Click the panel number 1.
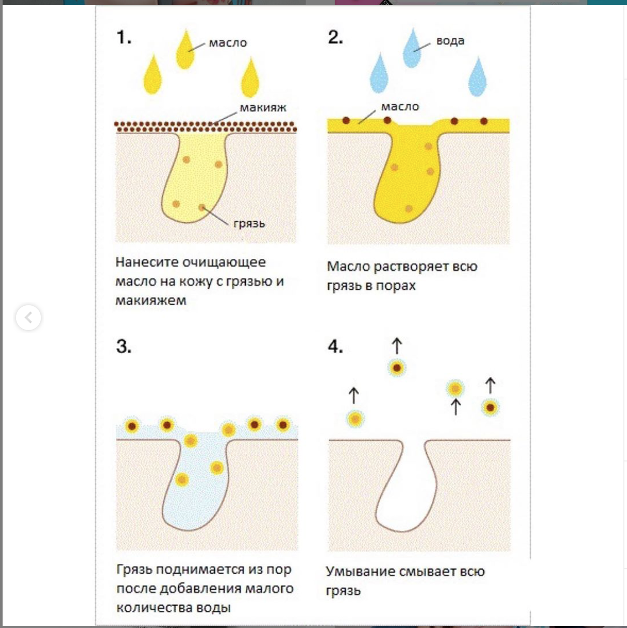[x=123, y=38]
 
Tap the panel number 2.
[x=335, y=37]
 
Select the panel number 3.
[x=123, y=346]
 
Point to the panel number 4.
[x=335, y=346]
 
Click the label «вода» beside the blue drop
[x=450, y=41]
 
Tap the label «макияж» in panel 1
[x=263, y=108]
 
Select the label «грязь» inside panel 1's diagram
[x=249, y=223]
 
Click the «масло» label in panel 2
[x=400, y=107]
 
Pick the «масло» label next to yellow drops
[x=227, y=43]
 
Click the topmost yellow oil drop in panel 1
[x=185, y=51]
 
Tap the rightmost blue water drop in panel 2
[x=477, y=78]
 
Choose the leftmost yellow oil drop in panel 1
[x=153, y=76]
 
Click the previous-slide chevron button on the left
[x=28, y=317]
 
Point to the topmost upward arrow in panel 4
[x=397, y=346]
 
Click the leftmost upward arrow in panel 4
[x=354, y=395]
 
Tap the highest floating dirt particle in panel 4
[x=397, y=368]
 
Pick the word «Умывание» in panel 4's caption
[x=360, y=571]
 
